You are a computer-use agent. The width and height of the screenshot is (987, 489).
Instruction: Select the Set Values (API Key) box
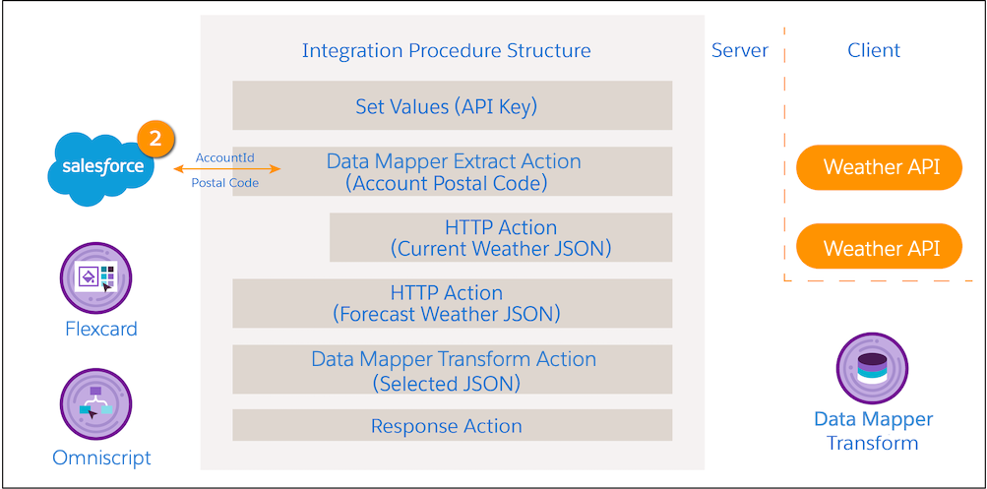[x=452, y=105]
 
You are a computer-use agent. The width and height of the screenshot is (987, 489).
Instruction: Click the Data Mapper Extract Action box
[x=452, y=171]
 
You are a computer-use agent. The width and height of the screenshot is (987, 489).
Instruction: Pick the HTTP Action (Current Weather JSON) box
[x=501, y=237]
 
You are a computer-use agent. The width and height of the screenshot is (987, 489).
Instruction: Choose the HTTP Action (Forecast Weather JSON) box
[x=452, y=303]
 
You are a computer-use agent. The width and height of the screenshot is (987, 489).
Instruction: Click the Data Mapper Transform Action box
[x=452, y=369]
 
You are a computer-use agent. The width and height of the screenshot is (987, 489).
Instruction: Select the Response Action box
[x=452, y=425]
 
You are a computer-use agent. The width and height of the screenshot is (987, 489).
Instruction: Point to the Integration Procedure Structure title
[x=447, y=50]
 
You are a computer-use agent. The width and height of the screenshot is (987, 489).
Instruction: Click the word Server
[x=740, y=50]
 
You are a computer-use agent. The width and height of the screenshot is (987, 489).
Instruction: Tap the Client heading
[x=874, y=50]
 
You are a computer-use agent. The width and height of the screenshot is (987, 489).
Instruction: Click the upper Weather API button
[x=880, y=167]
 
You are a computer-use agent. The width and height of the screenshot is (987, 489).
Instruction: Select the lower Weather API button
[x=880, y=247]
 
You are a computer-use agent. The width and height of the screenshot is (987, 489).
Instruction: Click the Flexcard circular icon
[x=95, y=278]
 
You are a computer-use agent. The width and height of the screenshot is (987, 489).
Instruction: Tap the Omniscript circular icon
[x=95, y=404]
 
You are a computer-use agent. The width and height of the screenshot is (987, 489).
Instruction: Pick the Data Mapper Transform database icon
[x=872, y=368]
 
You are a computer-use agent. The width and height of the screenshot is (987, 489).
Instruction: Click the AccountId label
[x=224, y=157]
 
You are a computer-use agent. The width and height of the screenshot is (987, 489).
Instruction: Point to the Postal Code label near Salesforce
[x=224, y=183]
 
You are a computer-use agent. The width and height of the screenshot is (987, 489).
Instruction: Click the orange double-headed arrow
[x=227, y=168]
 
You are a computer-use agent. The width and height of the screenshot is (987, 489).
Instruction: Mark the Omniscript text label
[x=101, y=458]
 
